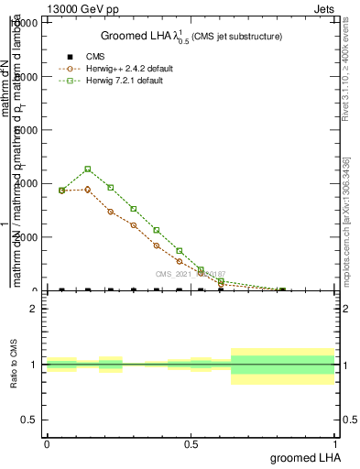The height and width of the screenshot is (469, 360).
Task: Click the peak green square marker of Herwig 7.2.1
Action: coord(87,169)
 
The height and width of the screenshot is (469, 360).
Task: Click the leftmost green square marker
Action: coord(61,191)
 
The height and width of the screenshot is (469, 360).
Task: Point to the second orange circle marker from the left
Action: coord(87,190)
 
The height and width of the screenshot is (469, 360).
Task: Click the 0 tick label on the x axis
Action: coord(47,442)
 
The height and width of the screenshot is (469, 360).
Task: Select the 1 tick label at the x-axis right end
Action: coord(336,442)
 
